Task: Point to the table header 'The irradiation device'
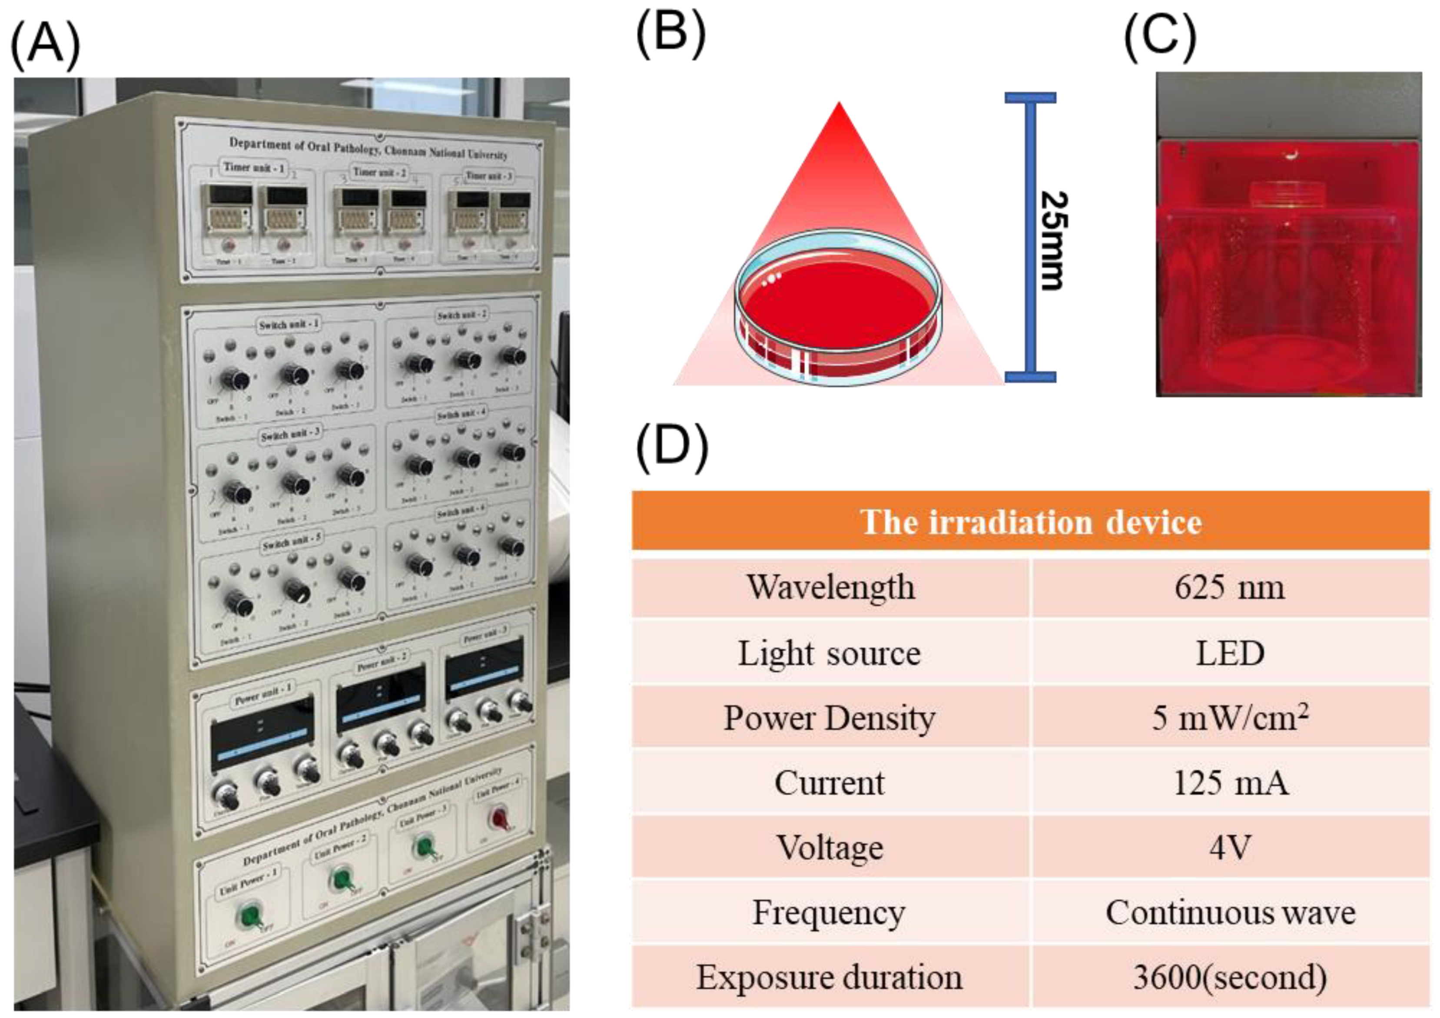1030,521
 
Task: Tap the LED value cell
1229,653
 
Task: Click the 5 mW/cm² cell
1229,718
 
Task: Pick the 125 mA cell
1229,783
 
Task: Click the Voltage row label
830,847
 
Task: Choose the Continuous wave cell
1229,912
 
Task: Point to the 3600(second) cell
1229,977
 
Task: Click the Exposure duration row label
830,977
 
